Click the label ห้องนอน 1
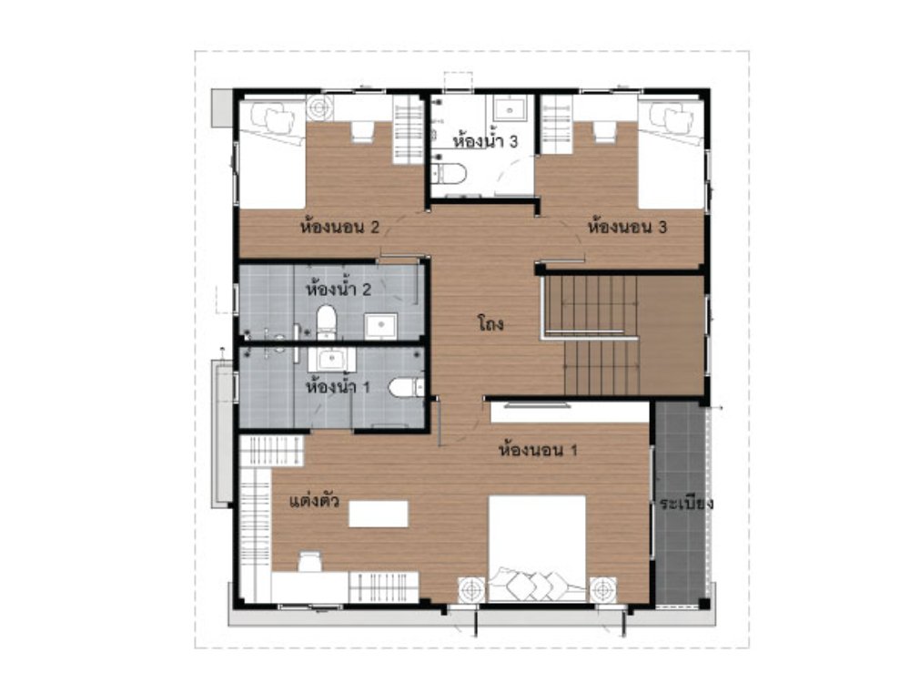click(538, 450)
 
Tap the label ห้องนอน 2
click(339, 226)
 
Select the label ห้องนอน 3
click(627, 226)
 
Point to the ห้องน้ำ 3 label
click(485, 141)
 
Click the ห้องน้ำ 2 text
click(338, 289)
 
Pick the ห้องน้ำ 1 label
click(338, 385)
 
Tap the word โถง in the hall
click(490, 324)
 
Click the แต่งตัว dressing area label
click(314, 501)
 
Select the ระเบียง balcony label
click(686, 504)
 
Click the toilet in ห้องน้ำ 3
click(449, 174)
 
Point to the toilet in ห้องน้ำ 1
click(406, 387)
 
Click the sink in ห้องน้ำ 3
click(511, 108)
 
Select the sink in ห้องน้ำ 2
click(380, 326)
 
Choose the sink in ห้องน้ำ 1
click(331, 360)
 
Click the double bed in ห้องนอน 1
click(537, 549)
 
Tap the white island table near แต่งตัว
click(379, 514)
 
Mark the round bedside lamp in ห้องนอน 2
click(319, 107)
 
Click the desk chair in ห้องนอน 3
click(604, 132)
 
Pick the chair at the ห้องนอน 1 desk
click(310, 562)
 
